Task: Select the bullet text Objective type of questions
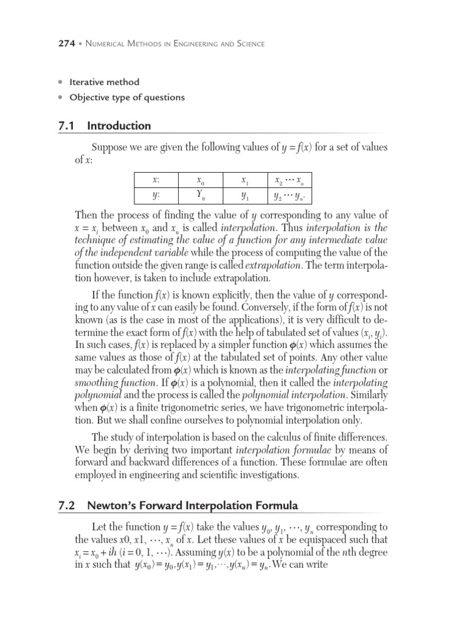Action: [127, 97]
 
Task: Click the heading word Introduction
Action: [119, 126]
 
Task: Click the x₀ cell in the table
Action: [201, 181]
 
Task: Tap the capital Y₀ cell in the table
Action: [201, 197]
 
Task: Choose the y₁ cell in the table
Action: [244, 197]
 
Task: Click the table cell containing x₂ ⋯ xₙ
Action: [289, 181]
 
